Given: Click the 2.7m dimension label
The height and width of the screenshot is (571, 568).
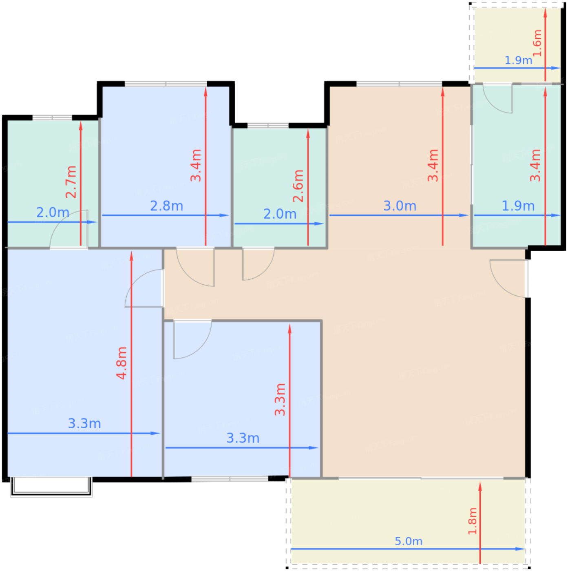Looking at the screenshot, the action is (x=71, y=182).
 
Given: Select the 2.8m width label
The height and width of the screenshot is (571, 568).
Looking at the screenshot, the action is (x=166, y=206).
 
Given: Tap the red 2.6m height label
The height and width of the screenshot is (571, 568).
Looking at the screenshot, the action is (x=298, y=186).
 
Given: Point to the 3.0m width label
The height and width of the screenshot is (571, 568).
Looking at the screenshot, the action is (x=400, y=206).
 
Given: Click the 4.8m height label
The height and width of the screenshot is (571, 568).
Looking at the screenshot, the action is (x=122, y=363).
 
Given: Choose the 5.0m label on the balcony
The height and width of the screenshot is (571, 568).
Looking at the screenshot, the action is (x=408, y=541).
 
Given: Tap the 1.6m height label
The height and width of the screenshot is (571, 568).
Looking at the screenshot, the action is (x=537, y=43).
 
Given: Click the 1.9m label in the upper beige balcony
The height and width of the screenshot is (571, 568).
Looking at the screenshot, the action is (x=518, y=60).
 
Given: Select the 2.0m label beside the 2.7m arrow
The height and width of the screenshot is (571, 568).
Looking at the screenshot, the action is (x=53, y=212).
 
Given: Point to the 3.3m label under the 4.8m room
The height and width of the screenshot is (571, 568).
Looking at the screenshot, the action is (x=84, y=423).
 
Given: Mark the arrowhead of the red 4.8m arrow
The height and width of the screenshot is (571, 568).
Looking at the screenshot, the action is (x=132, y=257).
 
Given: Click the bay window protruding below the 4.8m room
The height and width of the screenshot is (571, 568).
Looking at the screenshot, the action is (x=51, y=487).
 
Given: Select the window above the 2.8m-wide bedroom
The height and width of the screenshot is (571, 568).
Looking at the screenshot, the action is (x=166, y=84).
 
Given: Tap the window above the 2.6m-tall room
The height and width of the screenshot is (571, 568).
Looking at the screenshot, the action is (x=268, y=126).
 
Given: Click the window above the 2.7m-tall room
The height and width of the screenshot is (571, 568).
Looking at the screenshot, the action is (x=52, y=117).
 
